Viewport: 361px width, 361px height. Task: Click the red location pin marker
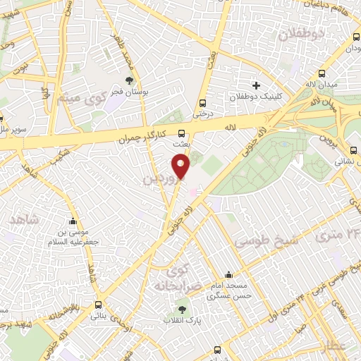pos(181,166)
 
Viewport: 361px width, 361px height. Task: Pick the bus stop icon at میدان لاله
pos(322,74)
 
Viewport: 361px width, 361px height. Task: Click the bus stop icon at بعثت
pos(182,133)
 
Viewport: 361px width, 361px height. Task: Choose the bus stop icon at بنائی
pos(97,305)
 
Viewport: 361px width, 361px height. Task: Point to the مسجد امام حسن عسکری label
pos(228,291)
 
